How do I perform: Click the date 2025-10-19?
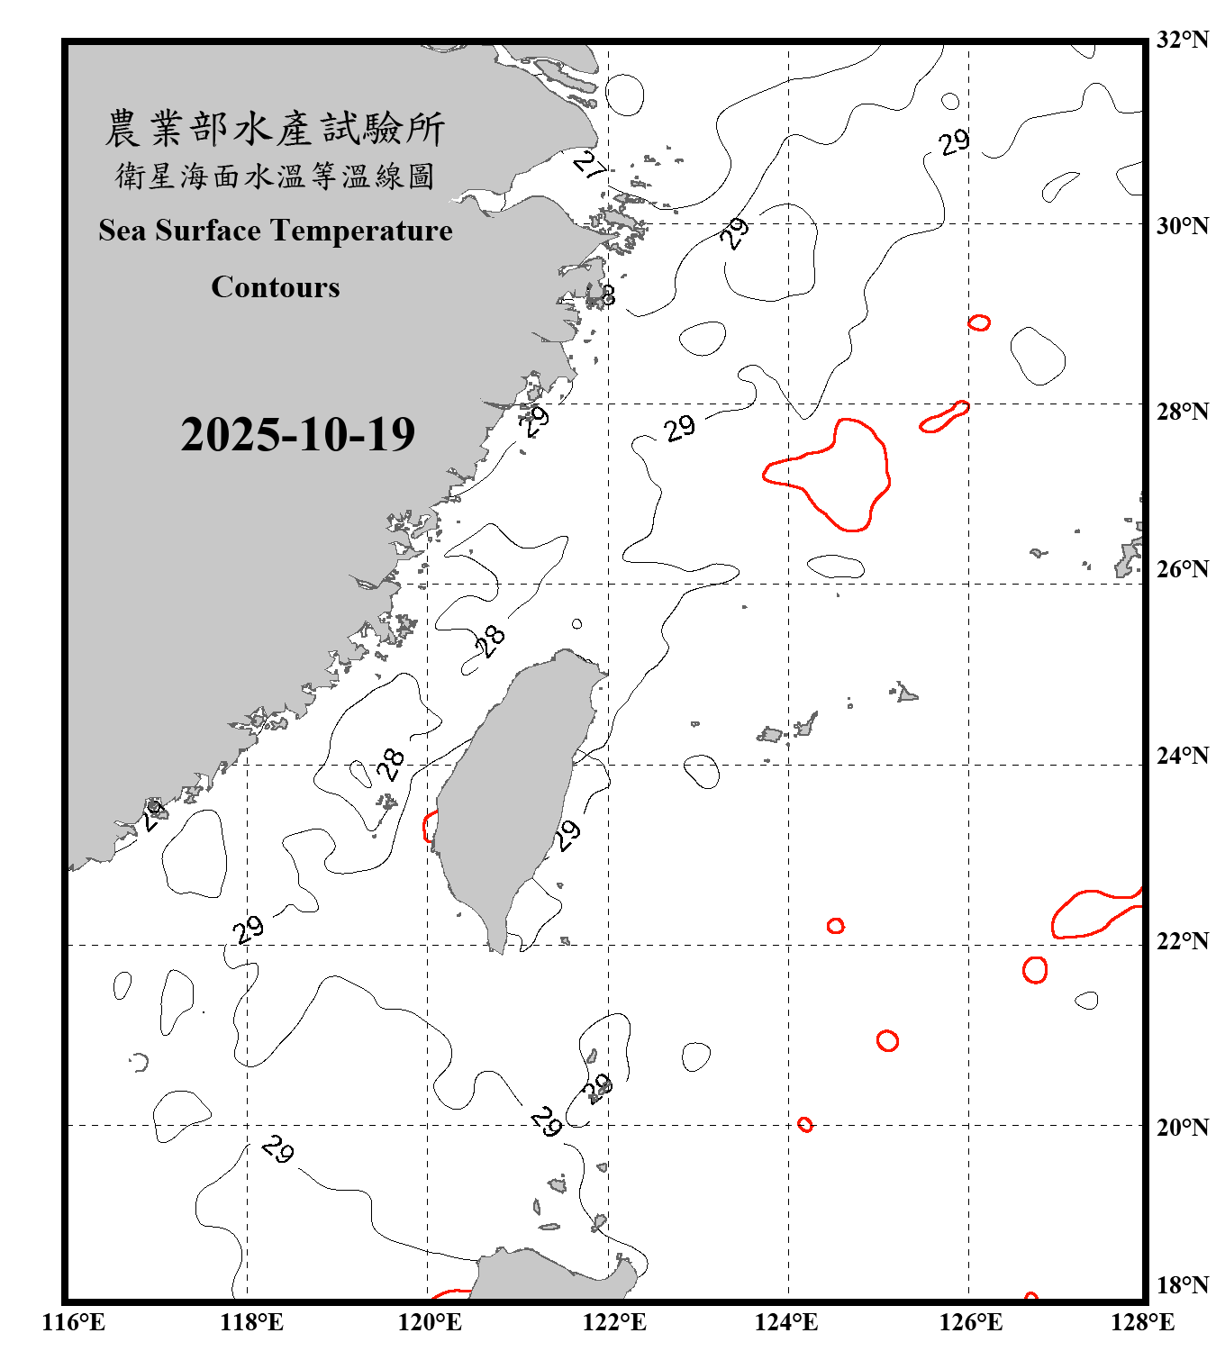(x=297, y=435)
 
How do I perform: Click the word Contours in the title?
(x=276, y=287)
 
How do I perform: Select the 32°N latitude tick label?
(x=1182, y=40)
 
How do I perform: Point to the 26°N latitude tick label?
(x=1182, y=569)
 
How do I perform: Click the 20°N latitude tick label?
(x=1182, y=1127)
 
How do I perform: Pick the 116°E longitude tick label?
(x=74, y=1322)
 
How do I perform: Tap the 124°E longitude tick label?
(x=786, y=1322)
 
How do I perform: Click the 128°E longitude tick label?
(x=1142, y=1322)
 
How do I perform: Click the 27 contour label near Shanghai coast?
(x=591, y=165)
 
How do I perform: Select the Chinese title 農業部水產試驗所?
(x=275, y=129)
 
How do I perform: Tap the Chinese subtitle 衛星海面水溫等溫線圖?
(x=275, y=176)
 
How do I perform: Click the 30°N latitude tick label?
(x=1182, y=226)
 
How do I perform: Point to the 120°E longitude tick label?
(x=430, y=1322)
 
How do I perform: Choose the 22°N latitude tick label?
(x=1182, y=941)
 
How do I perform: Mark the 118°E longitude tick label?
(x=251, y=1322)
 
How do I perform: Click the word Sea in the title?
(x=123, y=231)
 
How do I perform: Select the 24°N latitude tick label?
(x=1182, y=755)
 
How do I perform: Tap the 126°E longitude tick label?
(x=970, y=1322)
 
